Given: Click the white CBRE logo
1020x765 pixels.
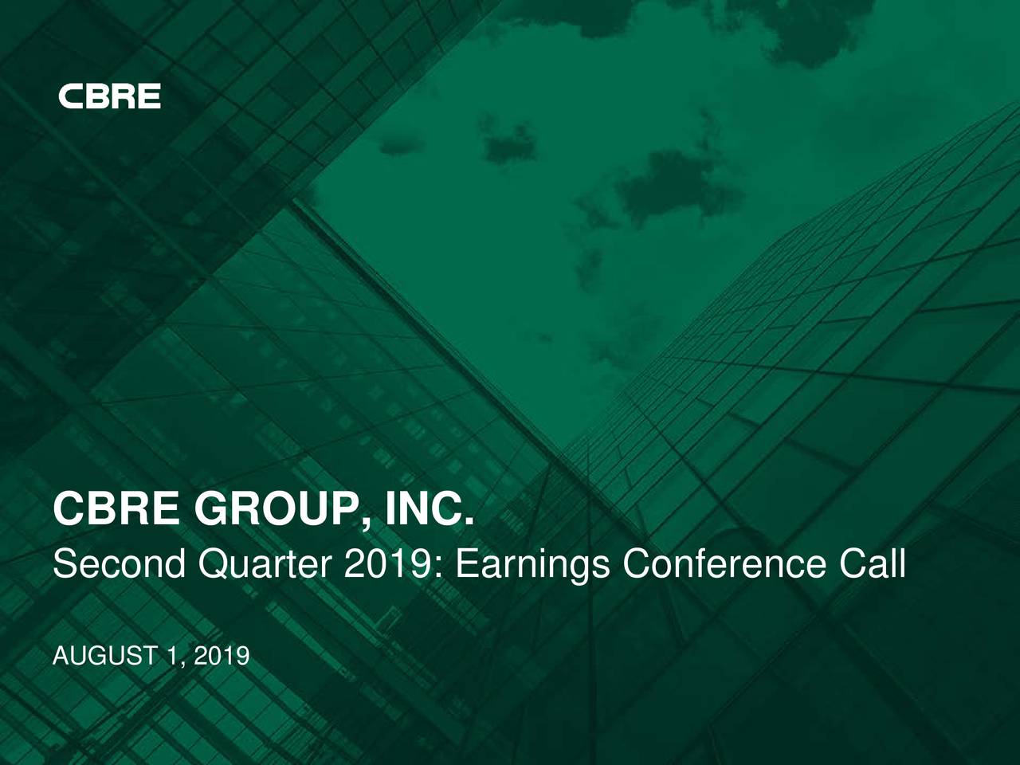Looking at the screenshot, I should point(109,96).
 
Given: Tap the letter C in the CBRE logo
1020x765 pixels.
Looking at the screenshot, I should point(71,96).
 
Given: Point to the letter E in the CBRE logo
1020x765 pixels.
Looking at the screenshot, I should point(149,96).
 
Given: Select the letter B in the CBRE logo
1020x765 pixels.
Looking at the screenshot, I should point(96,96).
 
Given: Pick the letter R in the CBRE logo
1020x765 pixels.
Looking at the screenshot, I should point(123,96).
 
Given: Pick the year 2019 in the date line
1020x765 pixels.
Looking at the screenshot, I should point(222,657).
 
